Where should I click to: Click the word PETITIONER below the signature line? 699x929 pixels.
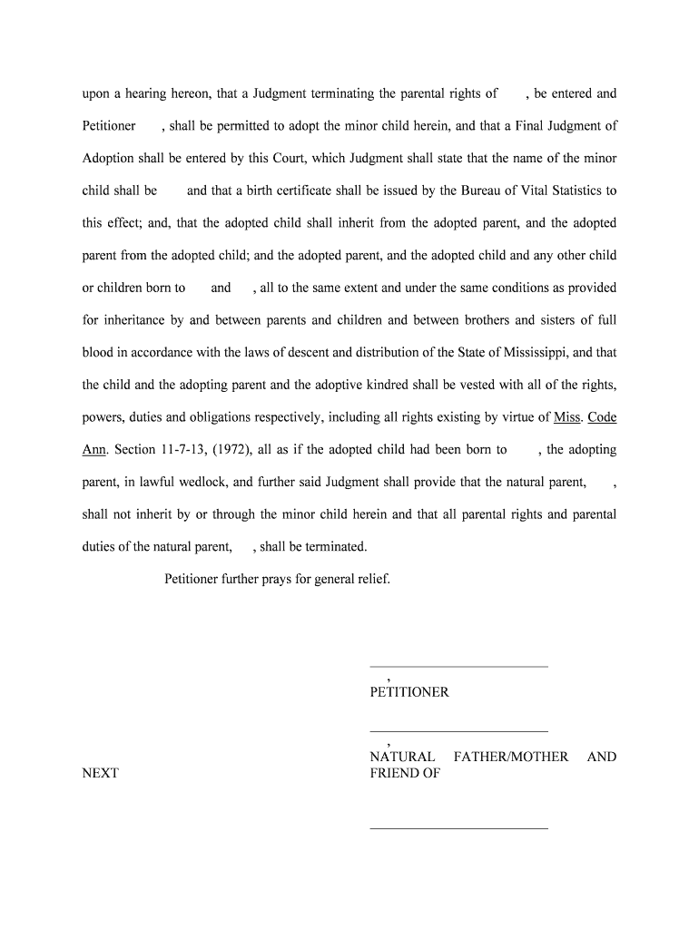(409, 692)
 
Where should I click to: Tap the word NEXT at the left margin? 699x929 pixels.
(100, 773)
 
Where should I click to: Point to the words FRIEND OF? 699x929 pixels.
(405, 773)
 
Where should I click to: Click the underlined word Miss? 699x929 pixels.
(566, 417)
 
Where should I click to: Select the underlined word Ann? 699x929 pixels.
(94, 450)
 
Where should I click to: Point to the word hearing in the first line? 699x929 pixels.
(149, 93)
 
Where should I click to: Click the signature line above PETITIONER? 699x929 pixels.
(458, 667)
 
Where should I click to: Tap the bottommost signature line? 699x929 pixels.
(458, 828)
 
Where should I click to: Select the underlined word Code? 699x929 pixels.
(602, 417)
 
